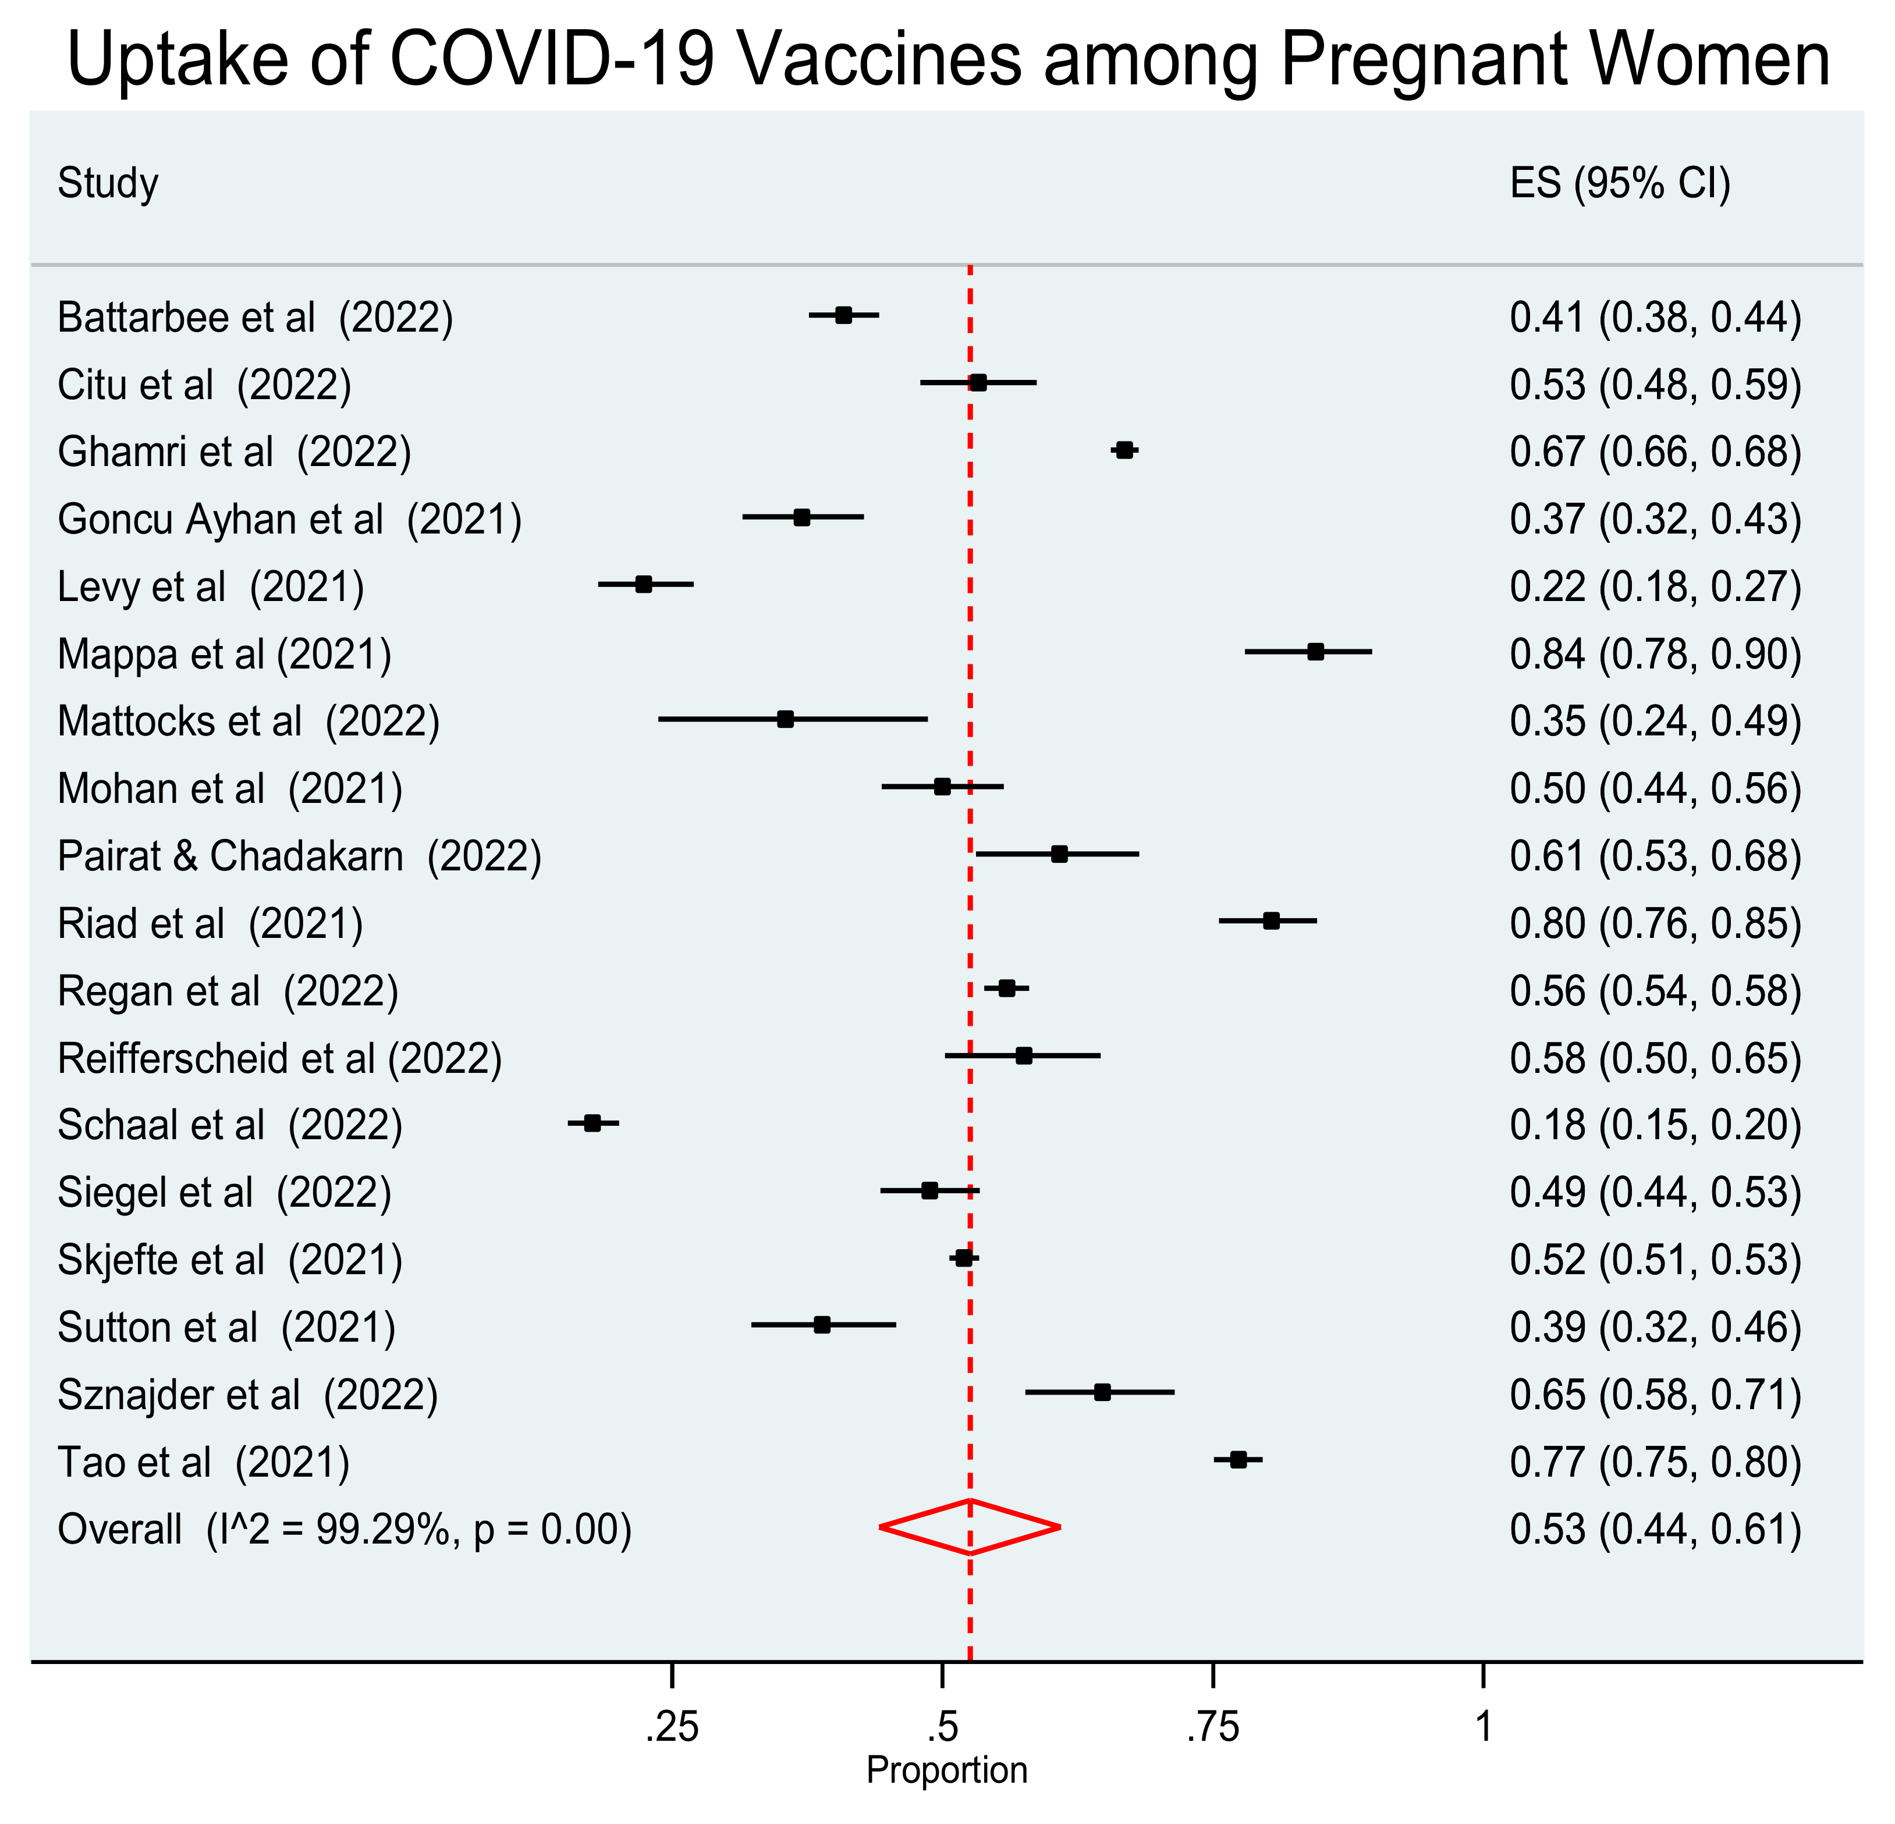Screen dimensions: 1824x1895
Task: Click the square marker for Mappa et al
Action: (1315, 652)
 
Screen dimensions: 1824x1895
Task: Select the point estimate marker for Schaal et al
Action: (592, 1123)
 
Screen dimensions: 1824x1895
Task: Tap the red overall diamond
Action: (970, 1527)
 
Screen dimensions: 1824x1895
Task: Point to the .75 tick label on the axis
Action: (1212, 1726)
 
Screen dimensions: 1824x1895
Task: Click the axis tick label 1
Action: (1483, 1726)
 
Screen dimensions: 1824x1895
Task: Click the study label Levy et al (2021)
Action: (211, 586)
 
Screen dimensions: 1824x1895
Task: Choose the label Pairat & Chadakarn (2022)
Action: (299, 856)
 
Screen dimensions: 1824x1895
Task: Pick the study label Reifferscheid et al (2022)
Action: (279, 1058)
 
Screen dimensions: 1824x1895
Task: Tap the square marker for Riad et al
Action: (1272, 921)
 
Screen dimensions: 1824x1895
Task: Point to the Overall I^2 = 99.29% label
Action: (344, 1529)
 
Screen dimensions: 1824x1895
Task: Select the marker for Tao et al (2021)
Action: (1239, 1460)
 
